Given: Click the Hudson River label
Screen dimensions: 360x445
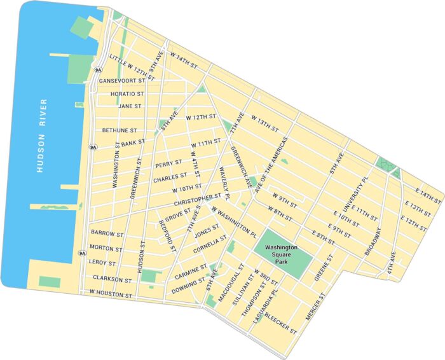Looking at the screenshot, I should pyautogui.click(x=41, y=135).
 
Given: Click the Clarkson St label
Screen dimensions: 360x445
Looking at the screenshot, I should pyautogui.click(x=111, y=279).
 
